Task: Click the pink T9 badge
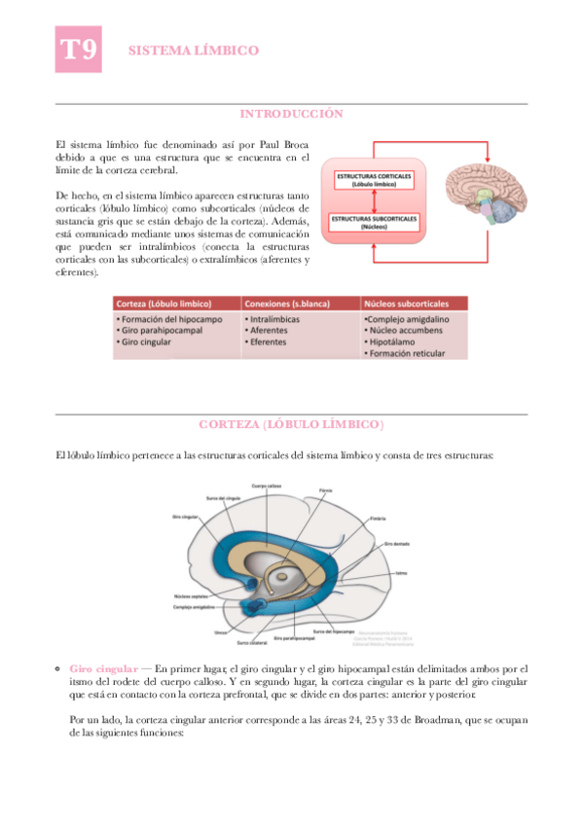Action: [x=78, y=50]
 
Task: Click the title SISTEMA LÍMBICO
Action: [x=194, y=50]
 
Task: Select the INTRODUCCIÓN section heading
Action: [x=292, y=114]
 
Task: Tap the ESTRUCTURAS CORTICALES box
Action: [x=374, y=179]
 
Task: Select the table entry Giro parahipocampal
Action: [x=158, y=330]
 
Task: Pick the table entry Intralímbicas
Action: [x=277, y=318]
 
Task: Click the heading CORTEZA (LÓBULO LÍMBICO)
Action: [x=291, y=425]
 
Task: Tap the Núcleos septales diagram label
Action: [x=190, y=596]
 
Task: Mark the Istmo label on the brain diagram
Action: [x=401, y=573]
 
